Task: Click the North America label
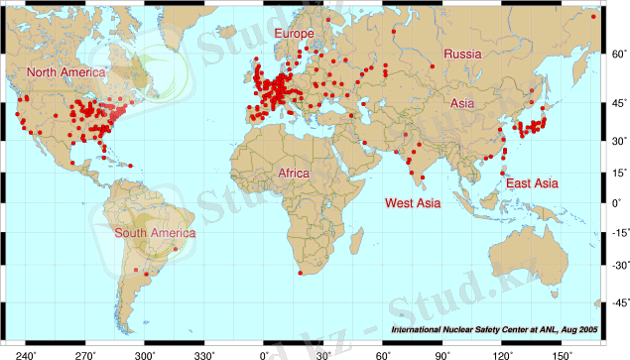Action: (x=65, y=72)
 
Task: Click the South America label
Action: (x=155, y=233)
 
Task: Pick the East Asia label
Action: (x=532, y=183)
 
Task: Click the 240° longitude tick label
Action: (x=25, y=352)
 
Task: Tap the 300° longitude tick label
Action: (x=145, y=352)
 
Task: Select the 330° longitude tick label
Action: (x=204, y=352)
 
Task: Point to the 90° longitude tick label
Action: (x=442, y=352)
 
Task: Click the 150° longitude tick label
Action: (x=563, y=352)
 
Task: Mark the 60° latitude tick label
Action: (x=617, y=53)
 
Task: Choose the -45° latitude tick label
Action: (x=615, y=302)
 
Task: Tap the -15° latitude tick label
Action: (x=615, y=234)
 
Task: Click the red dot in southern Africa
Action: (x=301, y=273)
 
